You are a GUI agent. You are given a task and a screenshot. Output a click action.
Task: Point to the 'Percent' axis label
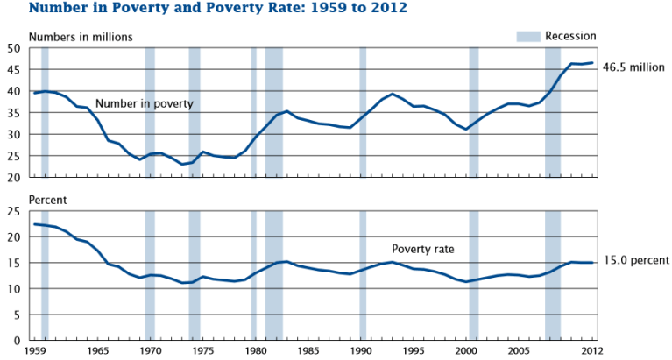(x=49, y=200)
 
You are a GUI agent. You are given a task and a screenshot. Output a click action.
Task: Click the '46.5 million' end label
(x=634, y=67)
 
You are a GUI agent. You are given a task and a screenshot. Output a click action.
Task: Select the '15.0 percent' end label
(x=637, y=260)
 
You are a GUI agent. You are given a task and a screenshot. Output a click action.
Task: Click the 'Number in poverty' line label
(x=144, y=103)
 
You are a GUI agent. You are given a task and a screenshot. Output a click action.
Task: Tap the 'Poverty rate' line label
(x=423, y=248)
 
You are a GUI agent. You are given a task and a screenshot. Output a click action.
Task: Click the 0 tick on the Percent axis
(x=18, y=340)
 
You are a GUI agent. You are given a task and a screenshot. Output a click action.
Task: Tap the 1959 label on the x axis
(x=36, y=351)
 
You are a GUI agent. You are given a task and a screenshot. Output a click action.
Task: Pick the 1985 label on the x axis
(x=308, y=351)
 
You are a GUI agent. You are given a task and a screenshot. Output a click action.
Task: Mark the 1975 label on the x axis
(x=202, y=351)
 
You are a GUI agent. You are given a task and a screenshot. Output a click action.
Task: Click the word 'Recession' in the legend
(x=570, y=36)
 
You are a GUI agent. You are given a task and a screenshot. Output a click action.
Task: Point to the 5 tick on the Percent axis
(x=18, y=314)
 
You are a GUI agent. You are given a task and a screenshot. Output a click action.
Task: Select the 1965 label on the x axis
(x=97, y=351)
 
